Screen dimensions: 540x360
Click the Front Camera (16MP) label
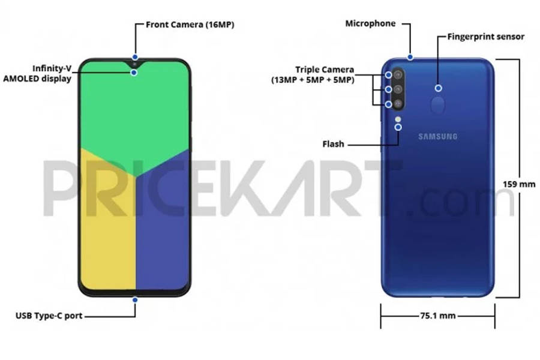coord(190,25)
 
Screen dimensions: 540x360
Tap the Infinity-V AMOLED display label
coord(38,73)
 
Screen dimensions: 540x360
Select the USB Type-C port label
coord(49,316)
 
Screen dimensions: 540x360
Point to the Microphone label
coord(370,23)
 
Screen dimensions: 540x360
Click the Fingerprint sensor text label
coord(485,37)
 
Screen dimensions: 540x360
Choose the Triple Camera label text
coord(313,75)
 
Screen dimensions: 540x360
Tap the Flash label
coord(333,144)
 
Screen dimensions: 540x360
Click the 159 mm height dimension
coord(518,184)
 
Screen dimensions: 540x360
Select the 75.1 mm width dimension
coord(438,316)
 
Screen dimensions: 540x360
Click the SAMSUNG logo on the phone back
coord(438,136)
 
